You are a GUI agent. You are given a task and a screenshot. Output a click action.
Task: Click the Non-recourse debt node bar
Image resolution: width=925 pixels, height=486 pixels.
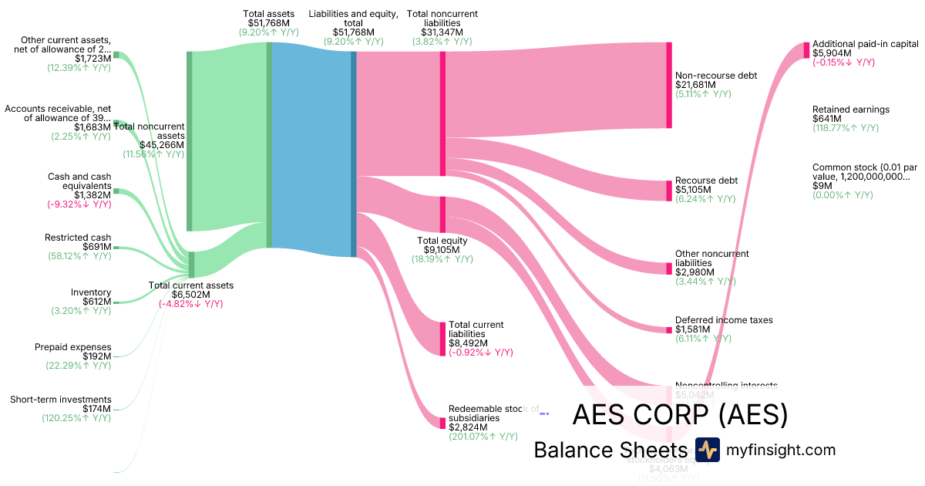coord(669,85)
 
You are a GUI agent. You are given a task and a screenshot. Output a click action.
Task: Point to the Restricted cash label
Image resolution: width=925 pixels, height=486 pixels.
coord(78,238)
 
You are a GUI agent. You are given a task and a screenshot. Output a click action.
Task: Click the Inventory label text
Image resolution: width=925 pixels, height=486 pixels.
coord(91,292)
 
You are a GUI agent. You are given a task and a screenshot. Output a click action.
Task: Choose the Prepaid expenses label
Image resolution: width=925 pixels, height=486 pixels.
coord(73,347)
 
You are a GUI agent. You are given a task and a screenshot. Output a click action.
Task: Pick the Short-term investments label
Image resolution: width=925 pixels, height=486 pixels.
coord(61,400)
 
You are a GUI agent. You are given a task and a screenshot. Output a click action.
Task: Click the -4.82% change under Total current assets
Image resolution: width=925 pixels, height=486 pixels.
coord(190,304)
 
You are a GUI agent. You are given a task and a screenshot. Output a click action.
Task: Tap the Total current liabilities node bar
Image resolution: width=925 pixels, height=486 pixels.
coord(442,339)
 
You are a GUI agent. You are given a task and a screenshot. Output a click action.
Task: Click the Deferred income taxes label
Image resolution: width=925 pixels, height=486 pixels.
coord(724,320)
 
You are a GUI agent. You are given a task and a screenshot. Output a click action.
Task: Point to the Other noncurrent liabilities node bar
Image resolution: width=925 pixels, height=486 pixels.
coord(669,268)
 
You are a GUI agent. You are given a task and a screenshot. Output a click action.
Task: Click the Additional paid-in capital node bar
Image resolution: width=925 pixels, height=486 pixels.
coord(806,50)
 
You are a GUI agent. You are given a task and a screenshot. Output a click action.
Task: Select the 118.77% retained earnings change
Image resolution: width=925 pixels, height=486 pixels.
coord(846,128)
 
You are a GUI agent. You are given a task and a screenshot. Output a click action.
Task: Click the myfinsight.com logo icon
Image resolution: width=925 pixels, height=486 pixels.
coord(707,450)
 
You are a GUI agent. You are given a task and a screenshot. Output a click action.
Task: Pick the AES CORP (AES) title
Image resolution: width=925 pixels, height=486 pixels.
coord(680,415)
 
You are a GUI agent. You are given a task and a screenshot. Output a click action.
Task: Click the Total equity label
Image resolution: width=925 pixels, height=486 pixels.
coord(442,241)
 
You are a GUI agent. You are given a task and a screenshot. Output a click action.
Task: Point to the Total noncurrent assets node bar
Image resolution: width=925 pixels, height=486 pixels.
coord(190,140)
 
